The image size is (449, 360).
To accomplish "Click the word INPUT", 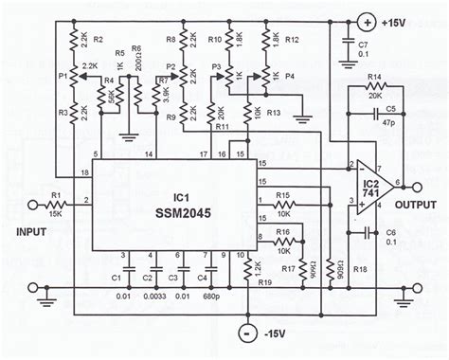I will point(31,228).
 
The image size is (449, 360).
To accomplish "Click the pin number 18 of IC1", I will point(84,171).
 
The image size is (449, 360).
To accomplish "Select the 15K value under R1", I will point(55,213).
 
